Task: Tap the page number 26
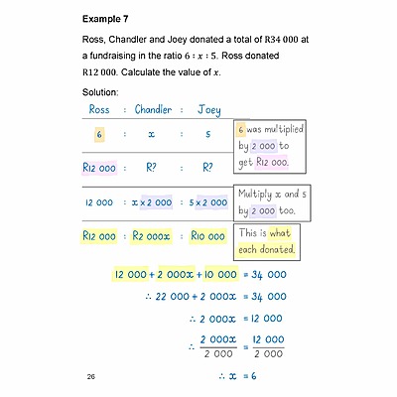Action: [91, 377]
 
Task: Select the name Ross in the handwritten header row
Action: [99, 110]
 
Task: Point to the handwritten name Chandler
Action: [152, 110]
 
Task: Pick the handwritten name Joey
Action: [208, 110]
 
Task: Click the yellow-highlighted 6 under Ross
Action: [99, 134]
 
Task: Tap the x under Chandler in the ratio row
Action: [152, 134]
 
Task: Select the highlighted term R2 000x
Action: [153, 235]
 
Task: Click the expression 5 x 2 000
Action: [208, 202]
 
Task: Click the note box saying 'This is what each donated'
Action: [268, 239]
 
